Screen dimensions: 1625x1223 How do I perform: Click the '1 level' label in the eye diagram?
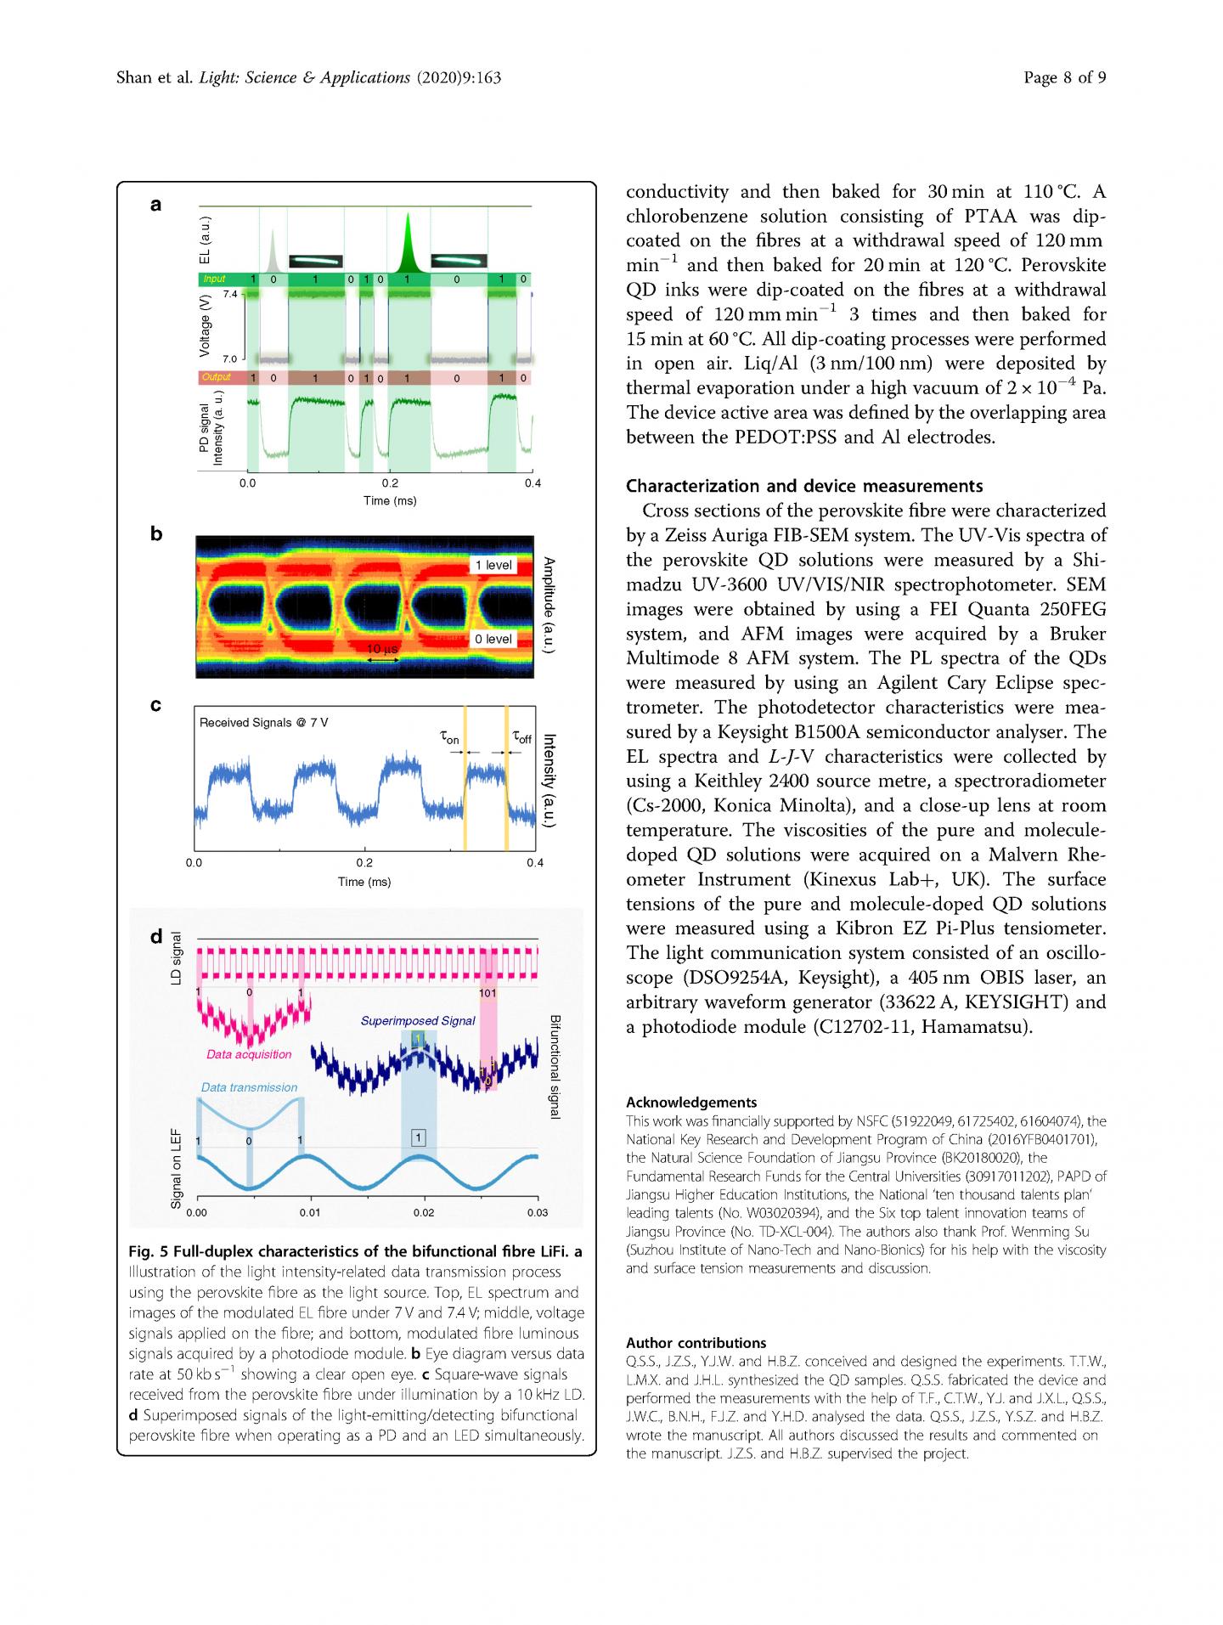coord(493,565)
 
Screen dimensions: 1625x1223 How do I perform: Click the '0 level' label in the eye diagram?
coord(493,639)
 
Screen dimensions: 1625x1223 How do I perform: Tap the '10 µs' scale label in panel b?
coord(382,650)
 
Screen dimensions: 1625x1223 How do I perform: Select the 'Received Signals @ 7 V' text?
coord(263,723)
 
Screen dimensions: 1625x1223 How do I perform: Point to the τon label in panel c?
coord(450,738)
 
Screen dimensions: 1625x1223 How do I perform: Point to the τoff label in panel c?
coord(521,738)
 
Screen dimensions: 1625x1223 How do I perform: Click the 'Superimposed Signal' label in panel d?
coord(418,1020)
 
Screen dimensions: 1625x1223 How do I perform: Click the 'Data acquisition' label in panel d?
coord(249,1054)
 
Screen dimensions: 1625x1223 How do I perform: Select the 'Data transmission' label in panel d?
coord(249,1087)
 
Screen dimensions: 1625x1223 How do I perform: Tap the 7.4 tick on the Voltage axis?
coord(230,294)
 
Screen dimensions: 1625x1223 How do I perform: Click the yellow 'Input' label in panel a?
coord(214,279)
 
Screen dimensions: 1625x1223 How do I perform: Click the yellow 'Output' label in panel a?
coord(216,377)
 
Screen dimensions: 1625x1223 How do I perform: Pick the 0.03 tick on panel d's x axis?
coord(537,1213)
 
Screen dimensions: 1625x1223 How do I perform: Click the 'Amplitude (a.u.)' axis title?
coord(550,605)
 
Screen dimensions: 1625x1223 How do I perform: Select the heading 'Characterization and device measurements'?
coord(804,486)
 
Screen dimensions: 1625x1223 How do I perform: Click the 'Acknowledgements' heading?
coord(691,1103)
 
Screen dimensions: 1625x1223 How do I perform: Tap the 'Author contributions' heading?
coord(696,1343)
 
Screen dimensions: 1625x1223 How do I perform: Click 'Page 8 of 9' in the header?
coord(1064,78)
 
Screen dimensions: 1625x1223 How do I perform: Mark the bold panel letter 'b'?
coord(156,534)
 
